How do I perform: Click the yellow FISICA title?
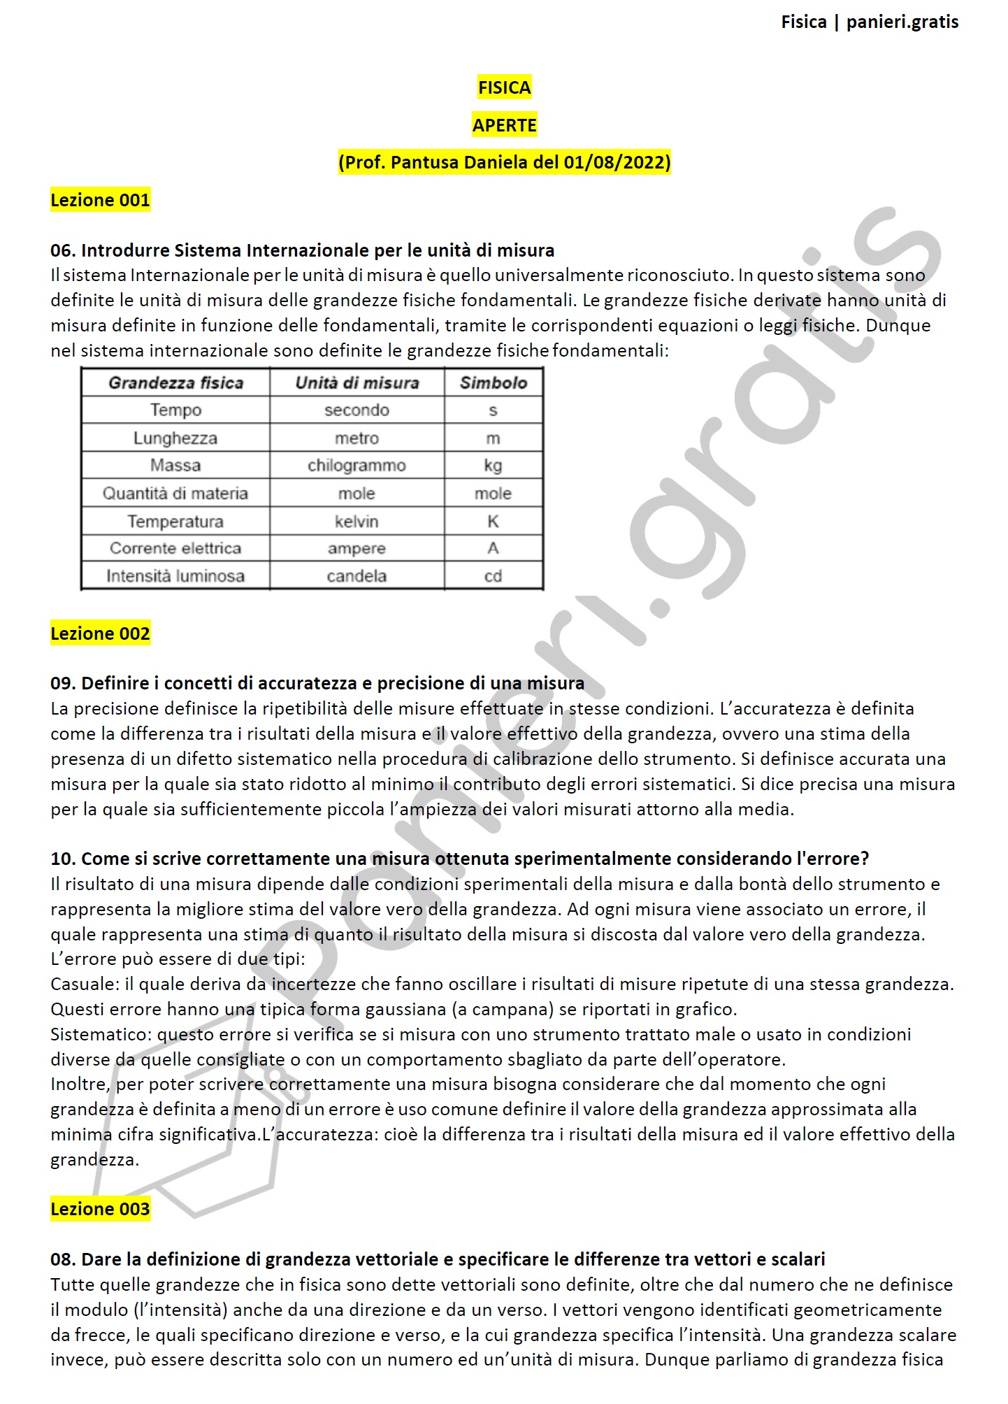coord(504,88)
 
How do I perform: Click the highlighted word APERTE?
coord(504,125)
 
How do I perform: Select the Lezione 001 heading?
coord(100,200)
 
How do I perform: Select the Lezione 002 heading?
coord(100,633)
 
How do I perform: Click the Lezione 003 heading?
coord(100,1209)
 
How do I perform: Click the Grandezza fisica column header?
coord(175,382)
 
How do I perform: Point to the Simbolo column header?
coord(493,382)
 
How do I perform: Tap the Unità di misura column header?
coord(357,382)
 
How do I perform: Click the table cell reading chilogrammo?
coord(357,466)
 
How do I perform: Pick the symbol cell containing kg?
coord(493,466)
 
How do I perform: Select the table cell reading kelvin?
coord(357,522)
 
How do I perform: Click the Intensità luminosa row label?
coord(175,576)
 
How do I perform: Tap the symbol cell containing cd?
coord(493,576)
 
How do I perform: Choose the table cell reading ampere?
coord(357,549)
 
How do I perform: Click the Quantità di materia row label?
coord(175,494)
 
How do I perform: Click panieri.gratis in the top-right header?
coord(902,22)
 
